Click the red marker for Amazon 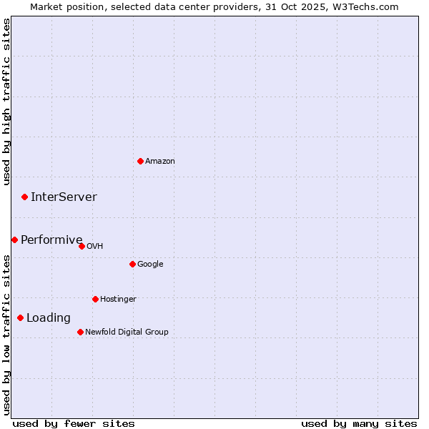click(140, 161)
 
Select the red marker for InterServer click(24, 197)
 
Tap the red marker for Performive click(14, 240)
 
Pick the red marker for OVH click(82, 246)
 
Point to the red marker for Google click(132, 264)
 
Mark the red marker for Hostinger click(95, 299)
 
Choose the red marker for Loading click(20, 317)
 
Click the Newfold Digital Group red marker click(80, 332)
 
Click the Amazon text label click(160, 162)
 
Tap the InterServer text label click(64, 197)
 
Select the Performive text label click(51, 240)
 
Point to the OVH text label click(95, 247)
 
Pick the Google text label click(150, 265)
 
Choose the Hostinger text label click(118, 300)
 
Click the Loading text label click(49, 318)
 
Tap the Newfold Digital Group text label click(127, 332)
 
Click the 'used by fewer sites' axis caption click(74, 423)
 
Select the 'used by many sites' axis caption click(359, 423)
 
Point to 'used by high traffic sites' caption click(6, 102)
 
